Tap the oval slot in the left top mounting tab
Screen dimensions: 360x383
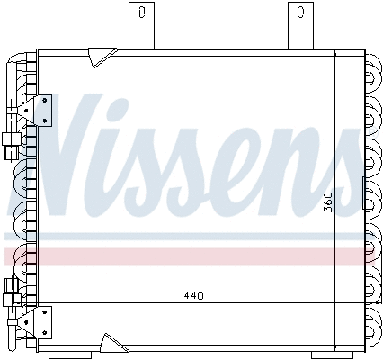[x=141, y=13]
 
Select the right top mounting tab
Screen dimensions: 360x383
[x=299, y=24]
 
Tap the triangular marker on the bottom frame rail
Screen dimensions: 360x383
[x=111, y=342]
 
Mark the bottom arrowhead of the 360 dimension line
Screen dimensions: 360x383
[x=334, y=346]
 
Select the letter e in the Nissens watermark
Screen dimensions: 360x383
[x=270, y=175]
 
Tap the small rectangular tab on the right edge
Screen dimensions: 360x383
[x=364, y=190]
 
